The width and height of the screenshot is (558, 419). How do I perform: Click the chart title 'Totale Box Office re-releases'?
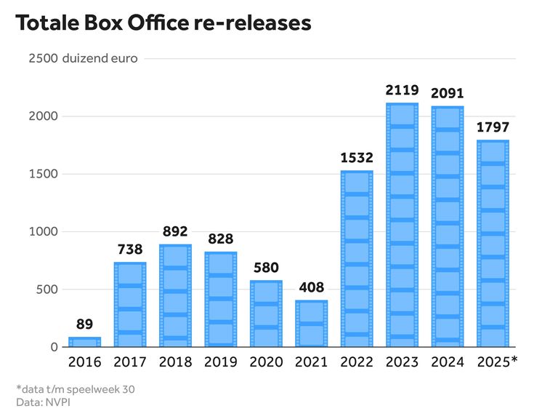(163, 23)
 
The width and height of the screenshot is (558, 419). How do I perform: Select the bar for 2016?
(84, 342)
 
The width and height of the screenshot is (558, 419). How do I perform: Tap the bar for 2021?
(311, 324)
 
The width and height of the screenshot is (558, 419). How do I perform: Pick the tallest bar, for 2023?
(402, 226)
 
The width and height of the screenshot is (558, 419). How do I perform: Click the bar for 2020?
(266, 314)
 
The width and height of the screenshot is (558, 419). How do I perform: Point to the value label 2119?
(402, 91)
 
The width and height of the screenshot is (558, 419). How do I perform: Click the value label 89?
(84, 324)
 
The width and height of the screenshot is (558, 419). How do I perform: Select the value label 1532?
(357, 158)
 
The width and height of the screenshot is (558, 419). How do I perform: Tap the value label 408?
(311, 287)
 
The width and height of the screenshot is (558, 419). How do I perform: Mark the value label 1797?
(493, 127)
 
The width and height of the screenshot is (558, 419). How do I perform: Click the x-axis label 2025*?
(497, 361)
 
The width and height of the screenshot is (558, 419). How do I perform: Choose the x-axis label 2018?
(175, 361)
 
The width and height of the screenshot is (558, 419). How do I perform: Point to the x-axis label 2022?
(357, 361)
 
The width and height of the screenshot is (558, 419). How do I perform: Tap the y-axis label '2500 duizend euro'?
(82, 59)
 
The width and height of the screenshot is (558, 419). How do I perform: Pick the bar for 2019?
(220, 300)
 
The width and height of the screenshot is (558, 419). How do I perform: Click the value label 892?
(175, 231)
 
